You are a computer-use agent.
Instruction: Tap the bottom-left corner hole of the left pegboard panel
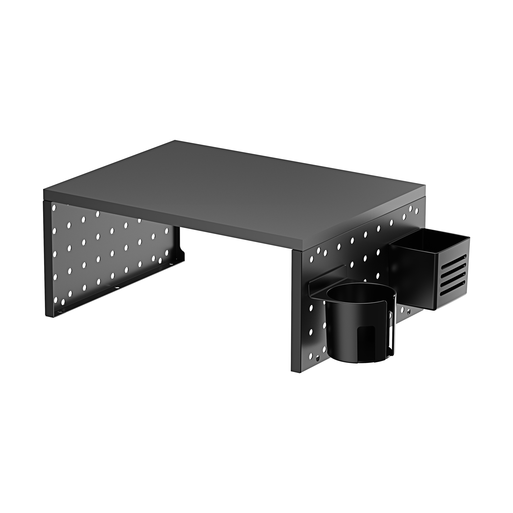pyautogui.click(x=56, y=300)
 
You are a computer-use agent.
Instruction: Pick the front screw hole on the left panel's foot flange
pyautogui.click(x=62, y=310)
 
